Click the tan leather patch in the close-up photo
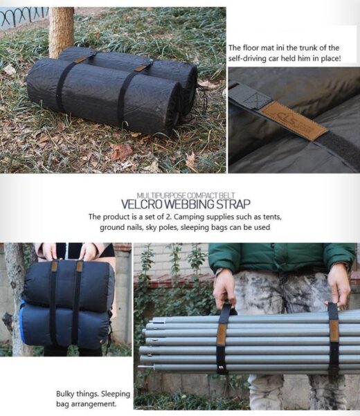click(294, 120)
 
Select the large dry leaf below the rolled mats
click(120, 152)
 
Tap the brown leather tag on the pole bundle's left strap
click(222, 334)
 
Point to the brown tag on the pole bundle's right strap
click(334, 330)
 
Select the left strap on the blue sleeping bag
click(53, 303)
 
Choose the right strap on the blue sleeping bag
click(78, 302)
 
